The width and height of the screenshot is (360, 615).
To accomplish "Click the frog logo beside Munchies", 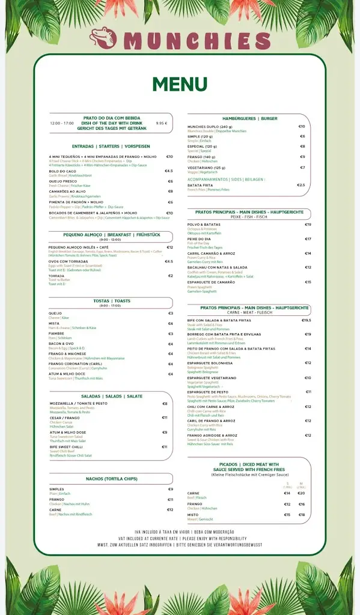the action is tap(105, 41).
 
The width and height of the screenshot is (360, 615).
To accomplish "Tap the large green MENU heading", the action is tap(180, 84).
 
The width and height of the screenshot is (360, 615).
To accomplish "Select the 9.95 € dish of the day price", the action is tap(161, 123).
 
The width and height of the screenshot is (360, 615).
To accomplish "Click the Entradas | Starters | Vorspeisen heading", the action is tap(111, 146).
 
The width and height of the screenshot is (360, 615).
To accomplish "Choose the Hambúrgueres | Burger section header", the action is tap(249, 118).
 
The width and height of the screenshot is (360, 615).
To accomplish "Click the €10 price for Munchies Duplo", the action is tap(302, 127).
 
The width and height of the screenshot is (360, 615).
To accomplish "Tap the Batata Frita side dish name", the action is tap(200, 185).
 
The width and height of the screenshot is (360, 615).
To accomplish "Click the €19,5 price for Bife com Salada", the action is tap(306, 320).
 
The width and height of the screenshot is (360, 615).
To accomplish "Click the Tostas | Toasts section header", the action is tap(111, 300).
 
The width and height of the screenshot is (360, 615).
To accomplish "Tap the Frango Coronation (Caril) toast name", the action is tap(75, 363).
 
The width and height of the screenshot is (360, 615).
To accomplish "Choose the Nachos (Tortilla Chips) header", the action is tap(111, 479).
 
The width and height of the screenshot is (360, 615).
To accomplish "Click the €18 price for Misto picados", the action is tap(302, 515).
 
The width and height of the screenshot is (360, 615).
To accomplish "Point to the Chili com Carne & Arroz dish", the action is tap(211, 407).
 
